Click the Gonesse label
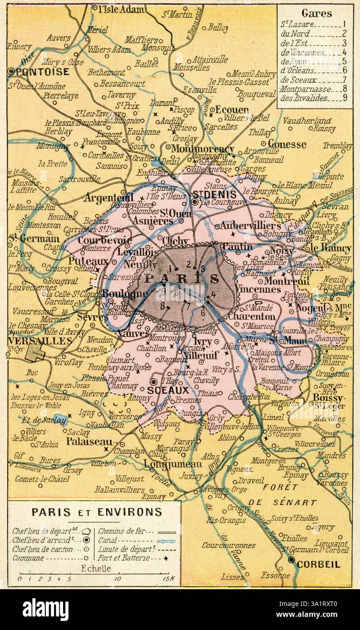[x=287, y=145]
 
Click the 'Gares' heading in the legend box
[x=316, y=14]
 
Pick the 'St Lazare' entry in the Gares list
[x=295, y=24]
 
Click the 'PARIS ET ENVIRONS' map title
[x=96, y=512]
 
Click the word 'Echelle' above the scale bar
[x=96, y=568]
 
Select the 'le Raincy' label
[x=331, y=248]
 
